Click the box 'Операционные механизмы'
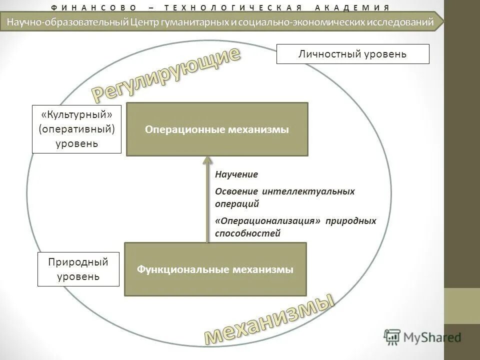(217, 129)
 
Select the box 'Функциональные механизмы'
(215, 269)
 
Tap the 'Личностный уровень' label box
(352, 54)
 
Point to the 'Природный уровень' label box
(78, 269)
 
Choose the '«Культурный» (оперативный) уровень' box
(77, 129)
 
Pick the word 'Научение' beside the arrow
(236, 174)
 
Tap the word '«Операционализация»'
(267, 220)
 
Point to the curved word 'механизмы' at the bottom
(269, 319)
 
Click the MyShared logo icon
(392, 337)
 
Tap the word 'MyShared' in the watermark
(432, 337)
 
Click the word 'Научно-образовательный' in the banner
(66, 21)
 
